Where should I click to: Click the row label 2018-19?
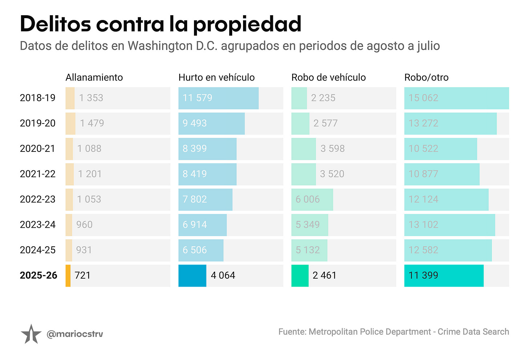[x=37, y=98]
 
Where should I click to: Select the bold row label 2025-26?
[x=39, y=275]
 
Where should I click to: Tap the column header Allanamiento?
[x=94, y=77]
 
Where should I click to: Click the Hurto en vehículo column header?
[x=217, y=77]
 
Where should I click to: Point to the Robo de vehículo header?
[x=328, y=77]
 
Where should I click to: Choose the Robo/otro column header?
[x=426, y=77]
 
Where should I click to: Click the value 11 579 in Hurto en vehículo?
[x=197, y=98]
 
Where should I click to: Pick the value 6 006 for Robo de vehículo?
[x=307, y=199]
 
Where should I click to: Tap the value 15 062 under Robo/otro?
[x=423, y=98]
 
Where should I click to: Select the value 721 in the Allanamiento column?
[x=82, y=275]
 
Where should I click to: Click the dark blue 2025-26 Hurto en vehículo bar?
[x=192, y=276]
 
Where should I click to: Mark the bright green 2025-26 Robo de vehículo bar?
[x=300, y=276]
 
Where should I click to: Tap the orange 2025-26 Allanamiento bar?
[x=68, y=276]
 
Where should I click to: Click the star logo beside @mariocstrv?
[x=31, y=334]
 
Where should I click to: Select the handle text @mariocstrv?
[x=75, y=334]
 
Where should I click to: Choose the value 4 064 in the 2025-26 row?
[x=223, y=275]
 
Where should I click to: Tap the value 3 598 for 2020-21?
[x=332, y=149]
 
